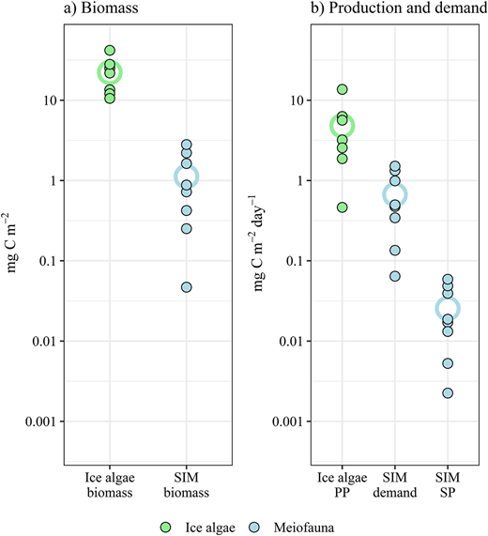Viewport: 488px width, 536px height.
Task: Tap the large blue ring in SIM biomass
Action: click(x=187, y=176)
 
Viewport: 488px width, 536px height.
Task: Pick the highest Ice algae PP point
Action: click(x=343, y=90)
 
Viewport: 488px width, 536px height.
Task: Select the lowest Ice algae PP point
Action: click(x=343, y=207)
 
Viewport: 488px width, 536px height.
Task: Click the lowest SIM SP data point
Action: click(x=448, y=393)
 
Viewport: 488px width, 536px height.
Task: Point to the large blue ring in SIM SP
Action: click(x=448, y=308)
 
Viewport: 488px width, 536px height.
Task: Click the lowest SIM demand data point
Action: click(x=395, y=276)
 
